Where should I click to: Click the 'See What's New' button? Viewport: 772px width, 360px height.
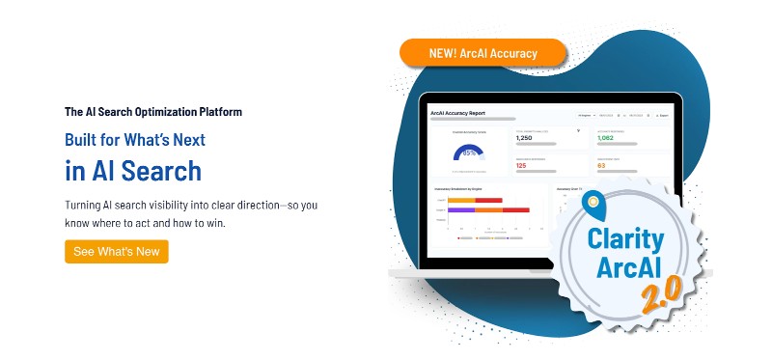(x=117, y=251)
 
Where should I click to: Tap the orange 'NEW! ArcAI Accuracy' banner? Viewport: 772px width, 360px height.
(x=482, y=53)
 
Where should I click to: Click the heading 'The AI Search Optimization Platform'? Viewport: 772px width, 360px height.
(x=152, y=112)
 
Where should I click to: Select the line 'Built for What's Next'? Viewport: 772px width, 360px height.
(x=135, y=140)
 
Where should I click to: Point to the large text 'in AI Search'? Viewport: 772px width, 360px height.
(x=133, y=171)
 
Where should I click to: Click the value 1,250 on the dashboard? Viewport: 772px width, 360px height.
(x=532, y=138)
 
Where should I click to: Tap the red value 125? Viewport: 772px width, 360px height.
(x=521, y=165)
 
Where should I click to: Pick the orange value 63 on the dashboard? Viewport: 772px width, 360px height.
(x=602, y=165)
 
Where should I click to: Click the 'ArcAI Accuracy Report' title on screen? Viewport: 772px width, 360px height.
(x=457, y=114)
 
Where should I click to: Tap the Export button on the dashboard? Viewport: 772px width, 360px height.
(x=661, y=115)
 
